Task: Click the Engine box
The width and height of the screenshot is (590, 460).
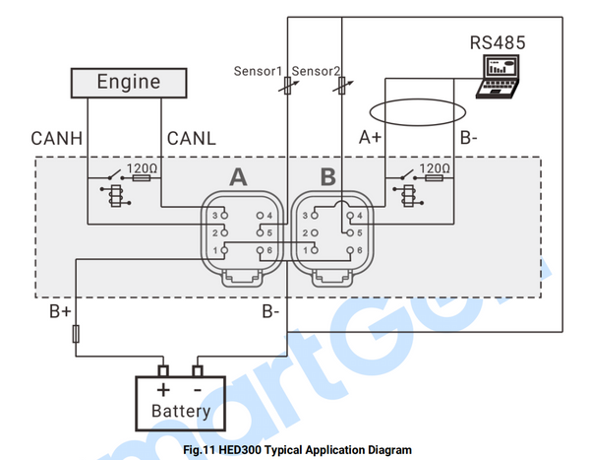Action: pyautogui.click(x=128, y=83)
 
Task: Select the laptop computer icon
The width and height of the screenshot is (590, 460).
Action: pyautogui.click(x=502, y=77)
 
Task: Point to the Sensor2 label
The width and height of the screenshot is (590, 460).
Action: pyautogui.click(x=317, y=71)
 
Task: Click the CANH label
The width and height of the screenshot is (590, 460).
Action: pyautogui.click(x=55, y=136)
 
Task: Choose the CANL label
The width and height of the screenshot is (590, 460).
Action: pyautogui.click(x=192, y=136)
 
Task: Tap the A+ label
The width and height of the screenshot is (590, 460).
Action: pyautogui.click(x=370, y=137)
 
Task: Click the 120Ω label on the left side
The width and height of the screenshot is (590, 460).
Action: pyautogui.click(x=142, y=169)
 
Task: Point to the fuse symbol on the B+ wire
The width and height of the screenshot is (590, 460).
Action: pyautogui.click(x=77, y=336)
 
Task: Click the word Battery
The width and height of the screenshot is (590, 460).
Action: pyautogui.click(x=180, y=410)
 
